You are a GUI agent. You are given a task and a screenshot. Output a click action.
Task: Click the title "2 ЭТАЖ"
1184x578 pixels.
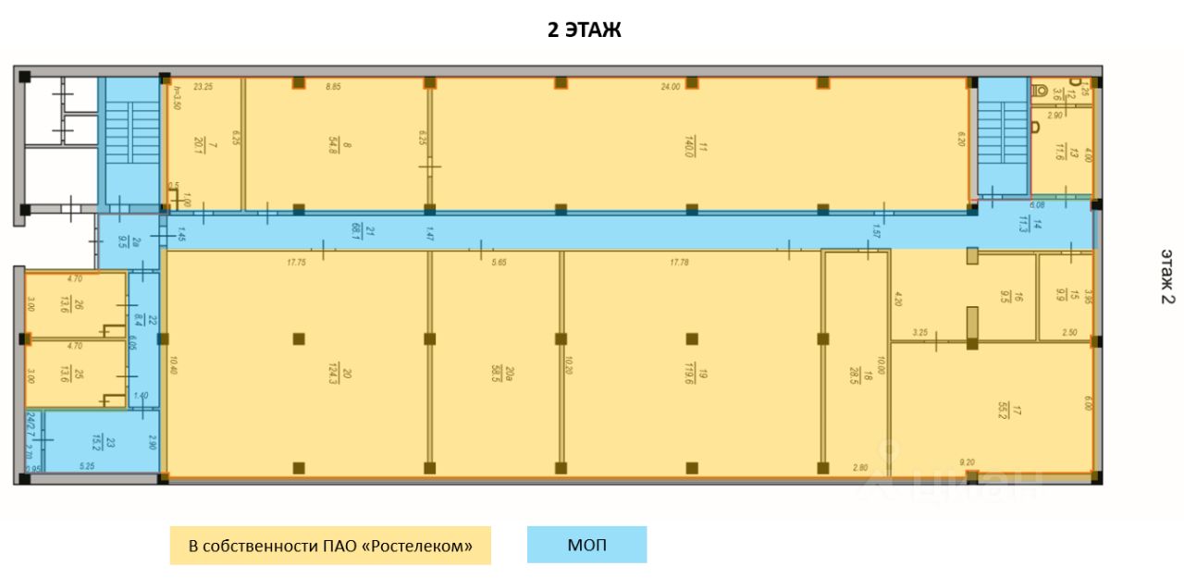pos(584,31)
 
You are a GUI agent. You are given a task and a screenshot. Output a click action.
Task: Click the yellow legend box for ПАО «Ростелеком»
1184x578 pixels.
pos(330,546)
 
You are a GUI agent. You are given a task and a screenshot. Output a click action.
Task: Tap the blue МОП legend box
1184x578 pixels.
pos(586,545)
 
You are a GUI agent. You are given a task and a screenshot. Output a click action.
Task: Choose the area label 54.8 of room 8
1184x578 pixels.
pos(334,145)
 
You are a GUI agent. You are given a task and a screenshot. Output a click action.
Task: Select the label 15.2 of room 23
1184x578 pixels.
pos(97,445)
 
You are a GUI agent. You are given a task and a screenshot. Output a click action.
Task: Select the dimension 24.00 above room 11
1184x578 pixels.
pos(697,86)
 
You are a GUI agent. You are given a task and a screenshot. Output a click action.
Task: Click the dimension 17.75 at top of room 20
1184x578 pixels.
pos(296,263)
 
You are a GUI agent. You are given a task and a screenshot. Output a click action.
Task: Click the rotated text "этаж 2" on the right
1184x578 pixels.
pos(1167,276)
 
